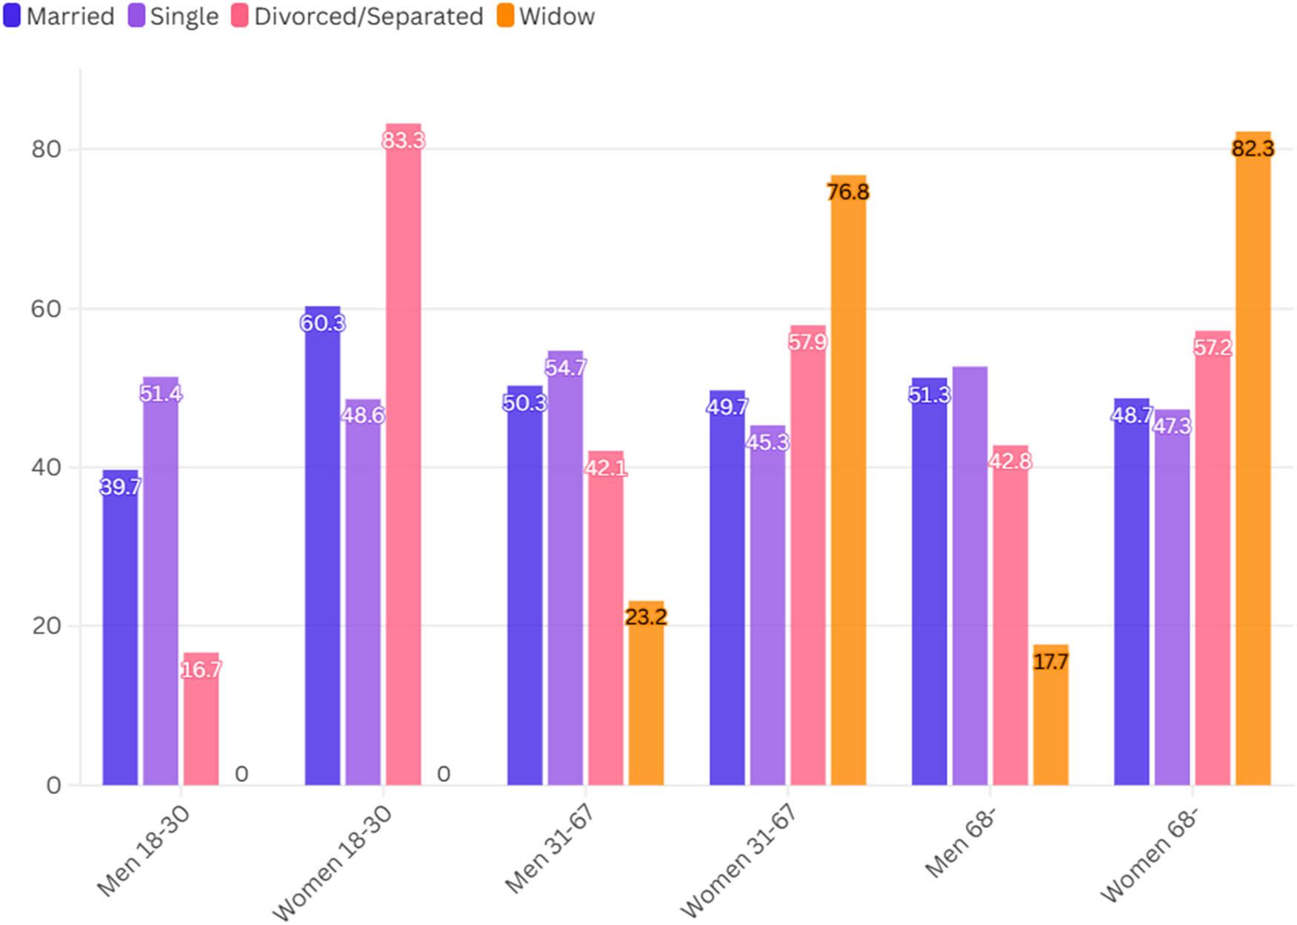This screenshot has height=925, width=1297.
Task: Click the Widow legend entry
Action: tap(546, 16)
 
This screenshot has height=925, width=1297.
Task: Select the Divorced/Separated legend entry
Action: tap(358, 16)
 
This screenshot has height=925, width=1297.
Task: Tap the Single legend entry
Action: tap(174, 16)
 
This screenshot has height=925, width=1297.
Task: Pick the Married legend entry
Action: tap(59, 16)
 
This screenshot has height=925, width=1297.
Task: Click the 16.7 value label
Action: tap(201, 669)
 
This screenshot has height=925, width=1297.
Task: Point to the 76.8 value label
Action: tap(847, 192)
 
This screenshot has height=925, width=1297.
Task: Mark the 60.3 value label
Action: tap(322, 323)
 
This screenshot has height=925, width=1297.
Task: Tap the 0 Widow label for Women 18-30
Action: tap(443, 774)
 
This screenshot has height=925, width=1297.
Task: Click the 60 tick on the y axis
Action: tap(46, 308)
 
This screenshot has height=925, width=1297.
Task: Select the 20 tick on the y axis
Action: tap(46, 626)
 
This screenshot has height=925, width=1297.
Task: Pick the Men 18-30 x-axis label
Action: tap(143, 851)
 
